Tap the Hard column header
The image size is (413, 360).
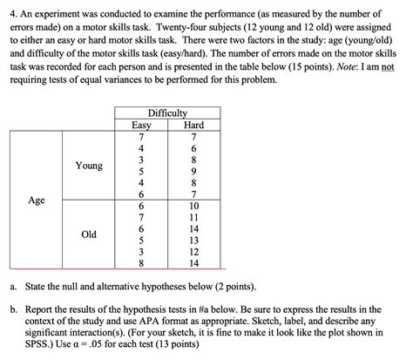[x=194, y=126]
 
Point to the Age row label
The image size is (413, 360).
[x=37, y=200]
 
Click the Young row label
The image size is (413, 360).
[x=89, y=165]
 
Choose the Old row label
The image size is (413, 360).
[x=89, y=234]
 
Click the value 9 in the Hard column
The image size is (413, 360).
[x=194, y=172]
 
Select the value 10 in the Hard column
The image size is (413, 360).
[x=194, y=206]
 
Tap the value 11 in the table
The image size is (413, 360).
[x=194, y=217]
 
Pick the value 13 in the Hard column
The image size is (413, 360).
[x=194, y=240]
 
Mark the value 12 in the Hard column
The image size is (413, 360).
[x=194, y=251]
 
